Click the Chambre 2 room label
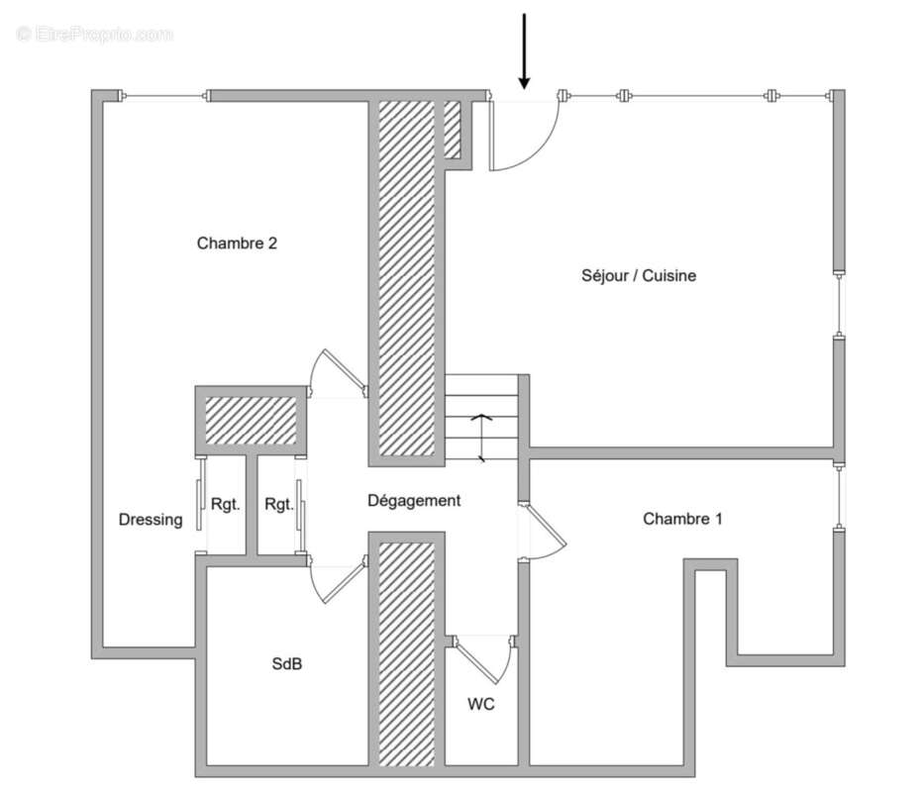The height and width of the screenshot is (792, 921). click(x=237, y=243)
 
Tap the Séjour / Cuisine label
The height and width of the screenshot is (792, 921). click(x=638, y=275)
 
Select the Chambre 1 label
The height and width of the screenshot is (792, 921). click(x=682, y=518)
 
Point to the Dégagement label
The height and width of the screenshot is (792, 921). click(x=414, y=500)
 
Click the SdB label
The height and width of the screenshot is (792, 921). click(x=287, y=664)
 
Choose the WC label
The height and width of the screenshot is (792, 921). click(x=481, y=704)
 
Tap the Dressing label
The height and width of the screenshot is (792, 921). click(x=151, y=519)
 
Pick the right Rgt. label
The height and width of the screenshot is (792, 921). click(x=279, y=504)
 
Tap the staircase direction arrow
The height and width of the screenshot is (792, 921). click(x=481, y=436)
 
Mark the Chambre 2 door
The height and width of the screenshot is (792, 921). click(x=334, y=375)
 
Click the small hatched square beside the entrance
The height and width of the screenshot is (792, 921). click(x=453, y=129)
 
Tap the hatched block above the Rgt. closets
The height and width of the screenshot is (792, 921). click(x=251, y=421)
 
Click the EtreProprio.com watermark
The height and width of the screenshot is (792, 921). click(x=95, y=34)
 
